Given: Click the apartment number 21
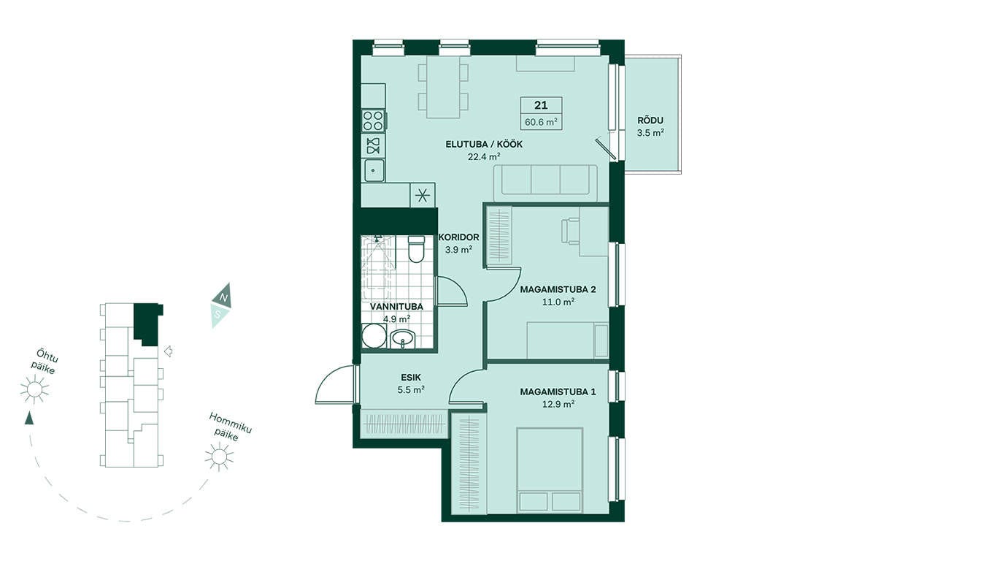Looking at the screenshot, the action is click(x=541, y=106).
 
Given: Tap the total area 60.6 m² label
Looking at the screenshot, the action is click(x=542, y=122).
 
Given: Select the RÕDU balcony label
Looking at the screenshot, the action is click(x=650, y=120).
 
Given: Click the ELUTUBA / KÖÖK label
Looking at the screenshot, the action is click(x=484, y=145).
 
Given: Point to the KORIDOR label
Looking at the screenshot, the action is click(x=459, y=237).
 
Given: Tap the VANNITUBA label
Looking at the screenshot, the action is click(x=396, y=307).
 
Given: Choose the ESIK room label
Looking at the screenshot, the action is click(x=411, y=378).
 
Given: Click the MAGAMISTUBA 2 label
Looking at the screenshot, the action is click(x=558, y=289).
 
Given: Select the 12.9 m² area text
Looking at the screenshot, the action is click(x=558, y=404).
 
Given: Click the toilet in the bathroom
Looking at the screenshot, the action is click(x=417, y=250).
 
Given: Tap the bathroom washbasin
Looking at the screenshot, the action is click(x=403, y=339).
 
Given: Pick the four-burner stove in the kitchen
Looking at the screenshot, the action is click(x=374, y=121).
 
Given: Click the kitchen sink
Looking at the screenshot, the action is click(x=374, y=170).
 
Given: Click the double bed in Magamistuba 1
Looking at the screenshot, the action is click(x=550, y=470).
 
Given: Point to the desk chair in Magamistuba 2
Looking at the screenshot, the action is click(x=571, y=230).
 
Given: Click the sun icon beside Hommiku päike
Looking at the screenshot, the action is click(x=219, y=457).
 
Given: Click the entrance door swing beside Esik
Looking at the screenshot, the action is click(x=335, y=384).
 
